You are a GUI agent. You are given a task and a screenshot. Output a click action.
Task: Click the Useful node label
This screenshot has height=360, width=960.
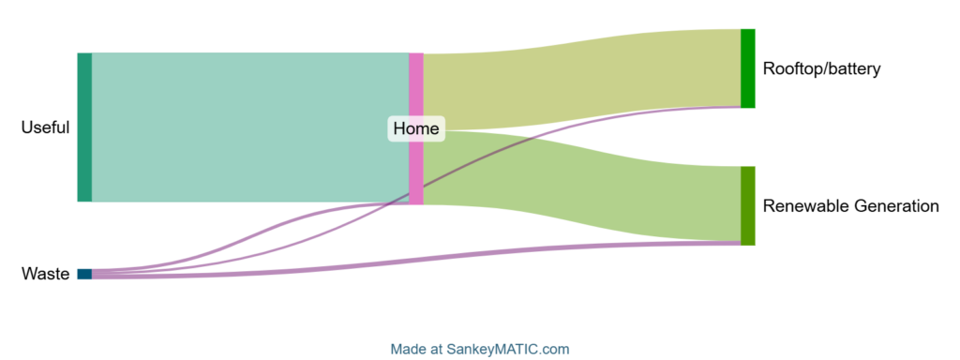pos(45,127)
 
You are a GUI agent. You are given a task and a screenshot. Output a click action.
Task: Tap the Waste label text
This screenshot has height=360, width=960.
pos(45,275)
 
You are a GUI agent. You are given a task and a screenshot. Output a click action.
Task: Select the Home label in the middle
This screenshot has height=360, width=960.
pos(416,128)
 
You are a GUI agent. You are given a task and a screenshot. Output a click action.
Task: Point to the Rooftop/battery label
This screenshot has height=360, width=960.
pos(821,68)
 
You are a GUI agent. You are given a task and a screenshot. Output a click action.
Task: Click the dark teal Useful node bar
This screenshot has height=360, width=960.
pos(84,127)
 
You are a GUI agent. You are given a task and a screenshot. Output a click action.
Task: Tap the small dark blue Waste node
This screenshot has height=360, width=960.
pos(84,274)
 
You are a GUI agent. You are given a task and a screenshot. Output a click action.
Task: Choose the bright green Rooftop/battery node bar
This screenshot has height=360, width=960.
pos(747,67)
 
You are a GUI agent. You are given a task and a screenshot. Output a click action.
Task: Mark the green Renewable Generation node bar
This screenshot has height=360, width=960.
pos(747,205)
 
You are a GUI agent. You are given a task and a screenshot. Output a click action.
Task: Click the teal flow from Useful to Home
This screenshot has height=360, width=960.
pos(249,127)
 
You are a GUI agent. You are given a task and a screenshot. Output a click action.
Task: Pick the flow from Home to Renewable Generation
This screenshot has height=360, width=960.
pos(581,184)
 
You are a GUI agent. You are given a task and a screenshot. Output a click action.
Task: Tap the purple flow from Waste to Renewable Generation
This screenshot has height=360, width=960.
pos(416,261)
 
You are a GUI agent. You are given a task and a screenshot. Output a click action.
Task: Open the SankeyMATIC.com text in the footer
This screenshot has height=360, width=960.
pos(518,350)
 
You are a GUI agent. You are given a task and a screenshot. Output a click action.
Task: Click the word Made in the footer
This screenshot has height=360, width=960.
pos(410,350)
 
